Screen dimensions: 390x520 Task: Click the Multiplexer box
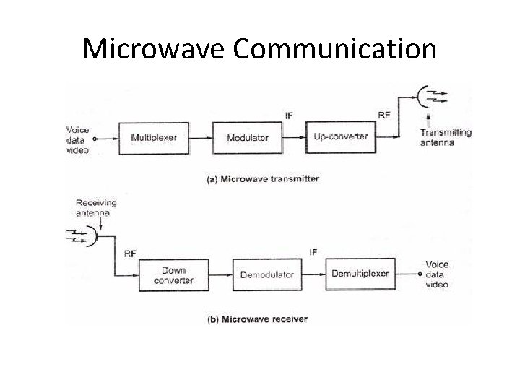(154, 137)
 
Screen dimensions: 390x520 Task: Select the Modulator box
(248, 137)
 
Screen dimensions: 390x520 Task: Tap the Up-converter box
(341, 136)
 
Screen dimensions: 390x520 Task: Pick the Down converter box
(173, 275)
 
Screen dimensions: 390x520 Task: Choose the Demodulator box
(267, 274)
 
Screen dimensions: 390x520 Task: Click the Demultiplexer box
(360, 274)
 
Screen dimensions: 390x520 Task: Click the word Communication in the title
(335, 49)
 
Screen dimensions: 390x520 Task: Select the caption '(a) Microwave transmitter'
(263, 178)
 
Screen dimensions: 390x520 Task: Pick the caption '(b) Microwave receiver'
(256, 319)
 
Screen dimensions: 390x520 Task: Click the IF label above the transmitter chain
(289, 114)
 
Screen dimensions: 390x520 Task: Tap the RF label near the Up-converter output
(385, 114)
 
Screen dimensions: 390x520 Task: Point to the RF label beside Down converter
(130, 253)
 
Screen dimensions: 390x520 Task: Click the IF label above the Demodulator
(313, 252)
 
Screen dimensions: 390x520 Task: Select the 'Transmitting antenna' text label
(446, 137)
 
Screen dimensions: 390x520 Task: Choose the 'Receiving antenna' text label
(96, 208)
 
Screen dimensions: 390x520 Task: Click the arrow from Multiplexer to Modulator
(201, 137)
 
